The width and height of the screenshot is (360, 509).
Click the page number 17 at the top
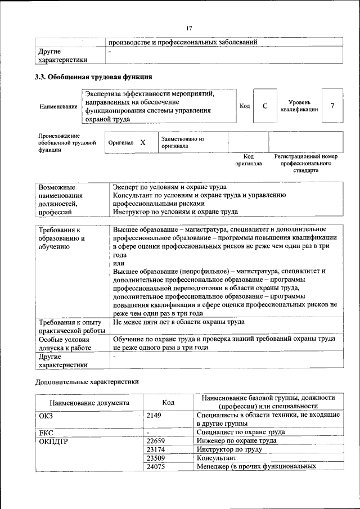coord(188,28)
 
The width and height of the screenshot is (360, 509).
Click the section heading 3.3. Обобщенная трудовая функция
coord(93,76)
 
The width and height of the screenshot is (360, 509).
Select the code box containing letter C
coord(264,106)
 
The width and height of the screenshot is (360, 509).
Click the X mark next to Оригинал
coord(143,143)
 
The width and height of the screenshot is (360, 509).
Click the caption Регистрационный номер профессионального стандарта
coord(305,163)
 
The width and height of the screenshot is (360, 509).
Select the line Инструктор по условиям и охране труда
coord(175,212)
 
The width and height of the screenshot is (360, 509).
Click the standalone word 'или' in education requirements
coord(118,263)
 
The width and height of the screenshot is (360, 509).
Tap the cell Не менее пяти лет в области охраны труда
coord(178,322)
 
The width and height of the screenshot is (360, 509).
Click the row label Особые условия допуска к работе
coord(64,344)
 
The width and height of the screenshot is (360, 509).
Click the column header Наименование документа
coord(89,403)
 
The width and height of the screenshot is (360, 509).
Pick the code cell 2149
coord(154,415)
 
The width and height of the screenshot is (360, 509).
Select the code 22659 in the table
coord(155,441)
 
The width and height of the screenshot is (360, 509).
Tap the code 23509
coord(155,458)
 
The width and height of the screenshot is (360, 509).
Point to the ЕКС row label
coord(46,432)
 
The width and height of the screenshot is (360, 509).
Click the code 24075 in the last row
coord(155,466)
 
